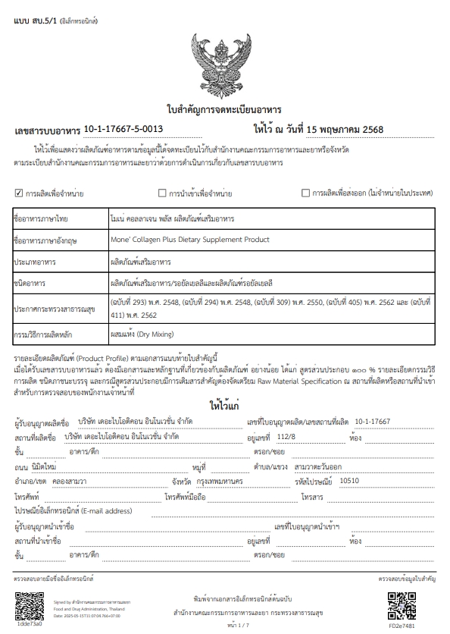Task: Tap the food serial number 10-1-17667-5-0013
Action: (123, 129)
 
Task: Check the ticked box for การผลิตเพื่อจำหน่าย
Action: (19, 193)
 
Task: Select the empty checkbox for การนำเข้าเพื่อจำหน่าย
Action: (161, 193)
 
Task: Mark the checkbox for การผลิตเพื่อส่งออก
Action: (305, 193)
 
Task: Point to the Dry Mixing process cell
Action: (143, 332)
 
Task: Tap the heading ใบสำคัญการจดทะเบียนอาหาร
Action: (224, 108)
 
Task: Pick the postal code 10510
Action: (350, 480)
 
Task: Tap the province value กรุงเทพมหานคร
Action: (219, 480)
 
